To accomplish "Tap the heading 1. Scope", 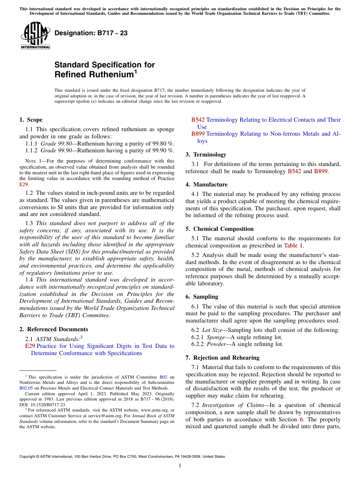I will pyautogui.click(x=31, y=120).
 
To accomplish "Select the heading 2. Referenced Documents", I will pyautogui.click(x=53, y=329).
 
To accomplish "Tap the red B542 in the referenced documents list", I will pyautogui.click(x=198, y=120).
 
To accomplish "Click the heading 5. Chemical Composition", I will pyautogui.click(x=219, y=229).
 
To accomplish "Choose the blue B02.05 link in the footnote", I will pyautogui.click(x=26, y=388).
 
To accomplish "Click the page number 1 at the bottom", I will pyautogui.click(x=180, y=465).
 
